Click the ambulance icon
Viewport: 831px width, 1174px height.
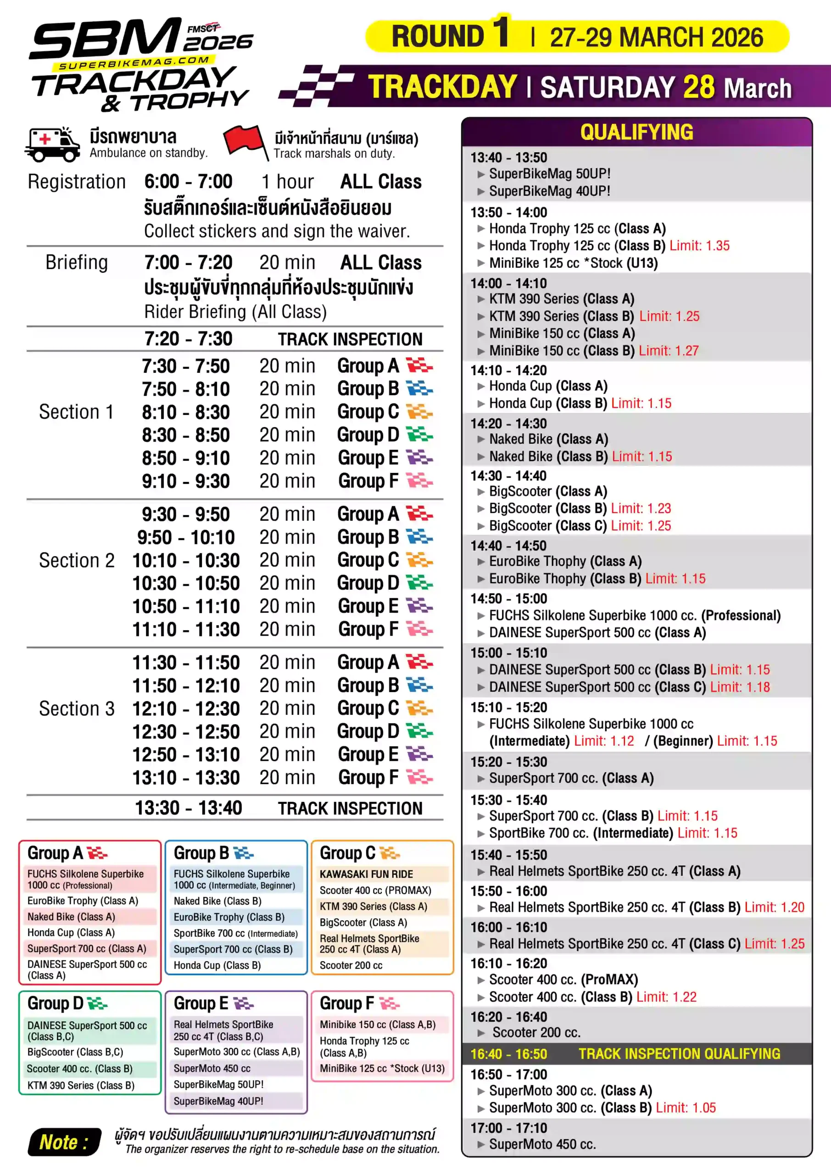click(x=52, y=145)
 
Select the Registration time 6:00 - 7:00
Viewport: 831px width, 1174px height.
click(x=188, y=182)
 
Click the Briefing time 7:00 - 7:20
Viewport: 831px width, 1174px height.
click(x=188, y=262)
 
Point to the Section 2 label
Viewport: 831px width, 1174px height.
click(x=77, y=560)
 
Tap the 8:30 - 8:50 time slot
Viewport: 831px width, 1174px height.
click(x=186, y=435)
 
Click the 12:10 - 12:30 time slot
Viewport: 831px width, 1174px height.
click(x=186, y=709)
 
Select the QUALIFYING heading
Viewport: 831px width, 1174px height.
click(x=636, y=133)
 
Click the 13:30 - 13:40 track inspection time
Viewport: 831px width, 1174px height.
click(x=188, y=808)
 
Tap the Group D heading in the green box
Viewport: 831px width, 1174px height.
click(x=55, y=1003)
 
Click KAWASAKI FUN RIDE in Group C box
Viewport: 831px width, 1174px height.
click(x=366, y=875)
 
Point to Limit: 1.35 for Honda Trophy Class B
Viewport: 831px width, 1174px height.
click(x=699, y=246)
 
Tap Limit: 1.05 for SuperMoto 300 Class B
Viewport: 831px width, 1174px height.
click(x=686, y=1108)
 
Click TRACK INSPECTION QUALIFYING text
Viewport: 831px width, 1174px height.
click(x=679, y=1054)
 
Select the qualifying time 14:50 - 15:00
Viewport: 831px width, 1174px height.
click(x=508, y=599)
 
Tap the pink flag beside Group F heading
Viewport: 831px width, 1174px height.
click(x=390, y=1003)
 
